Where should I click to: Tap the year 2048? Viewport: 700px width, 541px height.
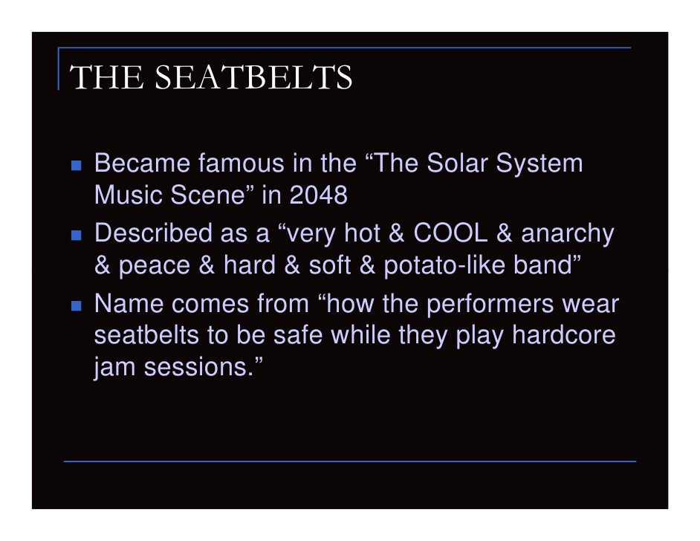(319, 195)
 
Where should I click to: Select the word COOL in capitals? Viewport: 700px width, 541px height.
(450, 233)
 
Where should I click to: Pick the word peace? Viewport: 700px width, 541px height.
(155, 265)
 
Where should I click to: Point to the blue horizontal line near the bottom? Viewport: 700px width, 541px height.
(349, 461)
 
